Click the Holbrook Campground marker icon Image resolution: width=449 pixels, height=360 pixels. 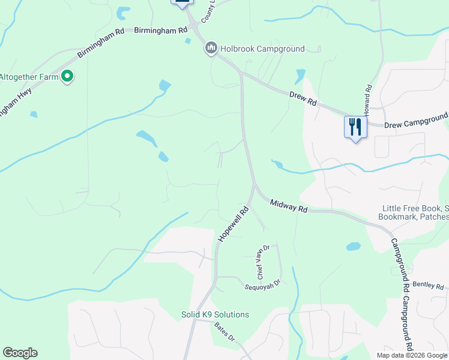click(211, 49)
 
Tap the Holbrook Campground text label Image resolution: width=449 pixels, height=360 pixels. click(262, 49)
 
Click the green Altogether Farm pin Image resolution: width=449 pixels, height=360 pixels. click(68, 76)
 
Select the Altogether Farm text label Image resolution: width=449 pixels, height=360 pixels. click(29, 77)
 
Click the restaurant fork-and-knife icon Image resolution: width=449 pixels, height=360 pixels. click(355, 127)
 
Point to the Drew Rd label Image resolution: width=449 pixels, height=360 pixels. click(303, 99)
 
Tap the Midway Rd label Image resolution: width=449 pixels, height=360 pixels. click(289, 206)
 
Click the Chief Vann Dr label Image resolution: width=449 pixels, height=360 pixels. click(264, 262)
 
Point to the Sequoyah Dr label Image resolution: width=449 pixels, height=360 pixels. click(263, 284)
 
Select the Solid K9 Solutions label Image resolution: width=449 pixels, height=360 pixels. click(215, 314)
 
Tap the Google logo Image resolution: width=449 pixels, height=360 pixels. click(20, 353)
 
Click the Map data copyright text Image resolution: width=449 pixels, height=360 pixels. click(411, 355)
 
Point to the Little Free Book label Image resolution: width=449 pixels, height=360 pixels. click(415, 209)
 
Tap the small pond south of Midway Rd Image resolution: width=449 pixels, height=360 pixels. click(354, 246)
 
